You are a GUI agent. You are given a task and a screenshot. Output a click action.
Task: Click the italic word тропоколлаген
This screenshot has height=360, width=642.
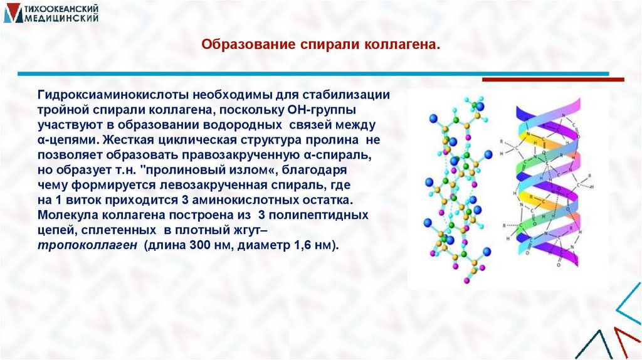(x=87, y=245)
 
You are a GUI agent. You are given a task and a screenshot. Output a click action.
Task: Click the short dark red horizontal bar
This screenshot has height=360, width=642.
(x=553, y=80)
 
